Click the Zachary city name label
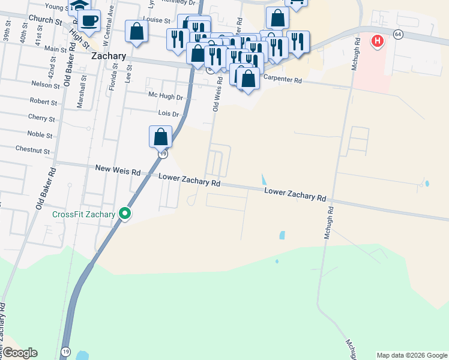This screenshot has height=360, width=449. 109,56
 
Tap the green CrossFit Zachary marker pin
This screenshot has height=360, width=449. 125,213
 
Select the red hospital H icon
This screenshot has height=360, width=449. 377,41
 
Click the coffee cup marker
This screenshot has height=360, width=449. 89,20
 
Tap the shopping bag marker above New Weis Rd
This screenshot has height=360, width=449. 160,137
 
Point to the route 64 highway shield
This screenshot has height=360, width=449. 398,34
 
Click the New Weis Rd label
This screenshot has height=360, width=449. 118,170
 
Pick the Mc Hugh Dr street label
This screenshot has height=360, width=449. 165,96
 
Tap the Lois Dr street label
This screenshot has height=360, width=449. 168,113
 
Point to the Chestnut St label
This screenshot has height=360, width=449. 32,149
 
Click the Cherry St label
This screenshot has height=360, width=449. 41,118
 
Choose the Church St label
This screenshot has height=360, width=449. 45,20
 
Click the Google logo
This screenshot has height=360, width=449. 19,353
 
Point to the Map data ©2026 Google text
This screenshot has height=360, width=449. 411,355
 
